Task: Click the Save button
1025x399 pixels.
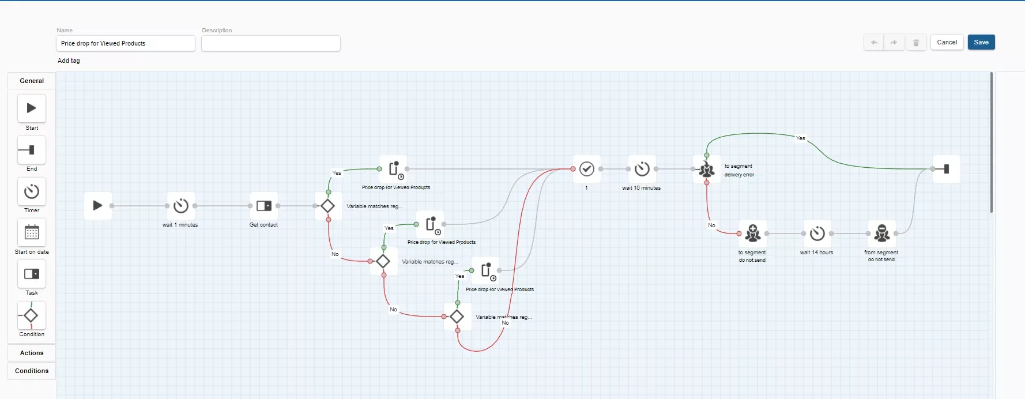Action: click(981, 42)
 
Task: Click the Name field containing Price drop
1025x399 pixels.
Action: click(126, 43)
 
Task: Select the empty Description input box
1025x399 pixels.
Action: click(271, 43)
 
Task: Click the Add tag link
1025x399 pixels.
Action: click(69, 61)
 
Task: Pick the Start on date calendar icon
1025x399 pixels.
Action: click(32, 232)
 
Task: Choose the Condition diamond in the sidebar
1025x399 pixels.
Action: click(32, 315)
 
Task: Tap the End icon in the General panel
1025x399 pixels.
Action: click(32, 150)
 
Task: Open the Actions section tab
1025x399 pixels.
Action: click(32, 353)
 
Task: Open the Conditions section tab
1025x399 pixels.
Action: click(32, 371)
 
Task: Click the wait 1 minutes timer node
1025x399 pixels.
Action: click(181, 206)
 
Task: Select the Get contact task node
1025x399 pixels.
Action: click(264, 206)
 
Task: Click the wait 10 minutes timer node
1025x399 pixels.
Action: click(642, 169)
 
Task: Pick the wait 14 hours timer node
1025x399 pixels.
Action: click(817, 234)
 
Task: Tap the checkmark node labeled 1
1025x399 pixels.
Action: click(587, 169)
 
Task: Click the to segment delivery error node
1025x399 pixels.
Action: click(707, 169)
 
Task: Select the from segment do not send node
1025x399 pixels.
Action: click(882, 234)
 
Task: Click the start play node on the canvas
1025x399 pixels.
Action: click(98, 206)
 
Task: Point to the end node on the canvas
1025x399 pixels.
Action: click(947, 169)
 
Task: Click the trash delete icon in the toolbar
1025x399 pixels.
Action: click(916, 42)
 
